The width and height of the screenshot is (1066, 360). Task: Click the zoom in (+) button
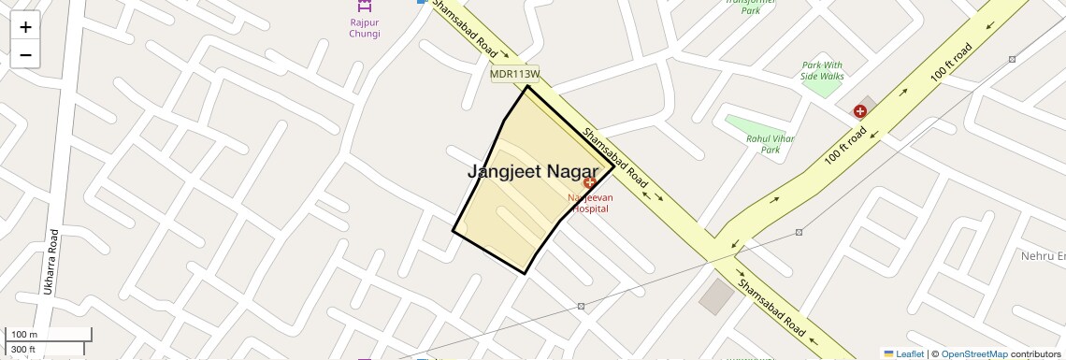25,26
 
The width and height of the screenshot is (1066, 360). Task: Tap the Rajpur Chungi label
357,27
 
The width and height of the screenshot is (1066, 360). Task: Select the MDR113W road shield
515,73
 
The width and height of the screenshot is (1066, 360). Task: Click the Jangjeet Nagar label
532,172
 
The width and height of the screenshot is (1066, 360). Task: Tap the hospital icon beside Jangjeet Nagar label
589,182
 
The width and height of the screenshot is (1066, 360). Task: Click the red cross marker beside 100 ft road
859,111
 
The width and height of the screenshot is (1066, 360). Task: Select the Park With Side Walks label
823,70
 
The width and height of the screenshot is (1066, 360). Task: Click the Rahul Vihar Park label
770,144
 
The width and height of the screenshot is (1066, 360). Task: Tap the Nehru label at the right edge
1043,256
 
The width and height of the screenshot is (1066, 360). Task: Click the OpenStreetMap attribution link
973,353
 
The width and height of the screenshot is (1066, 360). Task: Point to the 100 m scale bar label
25,335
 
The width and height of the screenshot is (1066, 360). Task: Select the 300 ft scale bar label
23,350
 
